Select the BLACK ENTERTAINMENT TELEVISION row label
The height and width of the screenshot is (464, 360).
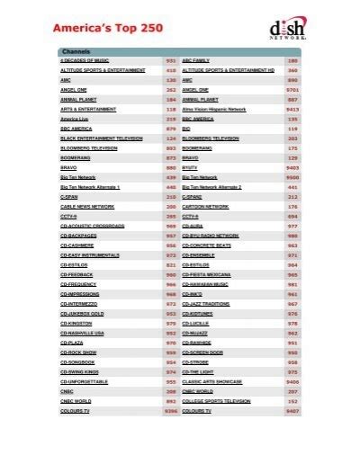pyautogui.click(x=101, y=138)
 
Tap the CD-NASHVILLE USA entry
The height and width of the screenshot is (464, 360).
pyautogui.click(x=84, y=334)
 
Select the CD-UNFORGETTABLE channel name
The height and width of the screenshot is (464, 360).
pyautogui.click(x=84, y=382)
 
